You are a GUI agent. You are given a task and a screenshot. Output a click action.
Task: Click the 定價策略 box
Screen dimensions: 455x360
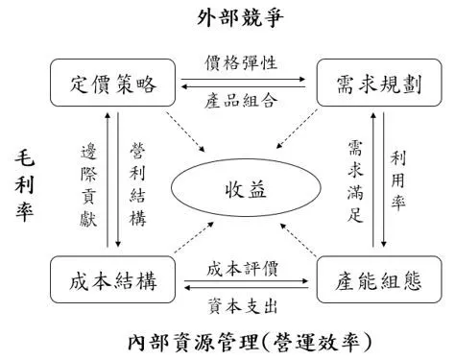[x=112, y=83]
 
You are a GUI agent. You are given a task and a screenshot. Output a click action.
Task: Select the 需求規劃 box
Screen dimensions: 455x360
[x=379, y=83]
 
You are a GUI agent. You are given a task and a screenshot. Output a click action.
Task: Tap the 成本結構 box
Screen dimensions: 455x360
[x=112, y=279]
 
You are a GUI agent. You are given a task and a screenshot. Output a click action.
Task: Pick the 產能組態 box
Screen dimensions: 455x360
[x=379, y=279]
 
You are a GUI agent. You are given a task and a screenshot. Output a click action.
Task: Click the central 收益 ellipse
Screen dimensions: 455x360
[x=246, y=188]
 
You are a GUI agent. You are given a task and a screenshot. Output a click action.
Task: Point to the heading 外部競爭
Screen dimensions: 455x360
[x=240, y=17]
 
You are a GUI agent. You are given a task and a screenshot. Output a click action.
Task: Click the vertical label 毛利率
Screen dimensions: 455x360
[x=24, y=186]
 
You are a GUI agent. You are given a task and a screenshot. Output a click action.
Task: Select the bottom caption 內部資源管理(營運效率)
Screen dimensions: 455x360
[x=250, y=343]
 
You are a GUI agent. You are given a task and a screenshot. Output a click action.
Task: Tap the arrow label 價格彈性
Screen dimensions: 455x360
[x=241, y=62]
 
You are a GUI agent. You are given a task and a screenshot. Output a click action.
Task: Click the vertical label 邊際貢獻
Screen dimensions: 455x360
[x=88, y=185]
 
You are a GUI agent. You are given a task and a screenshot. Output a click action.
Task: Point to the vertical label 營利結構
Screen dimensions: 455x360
[x=137, y=184]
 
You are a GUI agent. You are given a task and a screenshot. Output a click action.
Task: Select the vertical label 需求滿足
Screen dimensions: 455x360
[x=355, y=181]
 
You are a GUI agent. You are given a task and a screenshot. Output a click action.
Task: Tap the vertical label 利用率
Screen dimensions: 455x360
[x=397, y=180]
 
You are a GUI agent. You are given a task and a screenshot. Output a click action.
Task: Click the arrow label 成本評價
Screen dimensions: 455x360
[x=242, y=269]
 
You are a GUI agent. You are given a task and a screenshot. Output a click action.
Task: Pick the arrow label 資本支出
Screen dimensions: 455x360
[x=242, y=306]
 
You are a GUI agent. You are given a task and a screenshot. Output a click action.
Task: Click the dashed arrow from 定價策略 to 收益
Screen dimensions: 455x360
[x=185, y=132]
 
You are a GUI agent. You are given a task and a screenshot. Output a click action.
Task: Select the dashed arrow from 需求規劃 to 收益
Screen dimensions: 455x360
[x=297, y=129]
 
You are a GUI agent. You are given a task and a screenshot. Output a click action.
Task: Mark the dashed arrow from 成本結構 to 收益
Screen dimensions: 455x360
[x=194, y=237]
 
